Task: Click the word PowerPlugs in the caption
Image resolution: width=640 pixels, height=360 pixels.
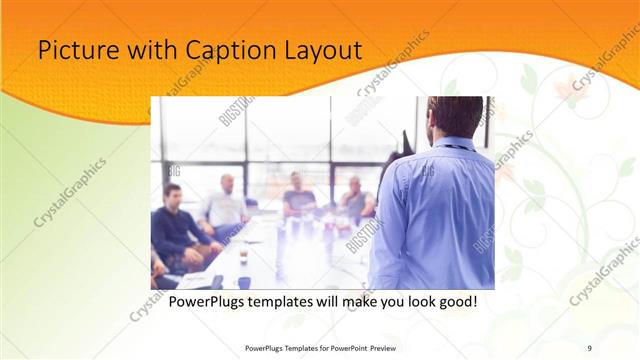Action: pyautogui.click(x=209, y=301)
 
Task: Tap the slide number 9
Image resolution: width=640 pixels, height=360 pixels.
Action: pyautogui.click(x=589, y=348)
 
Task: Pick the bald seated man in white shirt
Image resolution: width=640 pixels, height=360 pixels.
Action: pyautogui.click(x=225, y=205)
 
